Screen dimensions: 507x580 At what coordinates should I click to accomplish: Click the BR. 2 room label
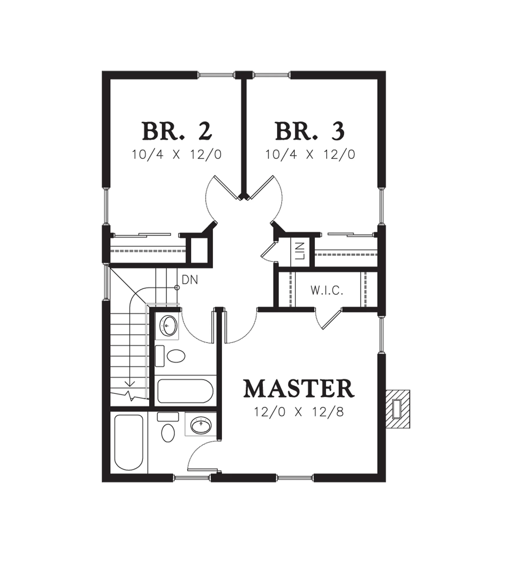(177, 131)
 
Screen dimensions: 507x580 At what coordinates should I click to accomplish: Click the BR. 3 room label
(310, 131)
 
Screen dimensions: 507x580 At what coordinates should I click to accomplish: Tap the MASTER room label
(299, 389)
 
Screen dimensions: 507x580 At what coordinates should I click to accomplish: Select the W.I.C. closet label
(327, 290)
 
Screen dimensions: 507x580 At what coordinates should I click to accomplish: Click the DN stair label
(190, 280)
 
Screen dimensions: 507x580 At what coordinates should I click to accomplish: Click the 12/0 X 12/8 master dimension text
(299, 412)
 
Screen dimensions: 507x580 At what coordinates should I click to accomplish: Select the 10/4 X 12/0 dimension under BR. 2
(177, 155)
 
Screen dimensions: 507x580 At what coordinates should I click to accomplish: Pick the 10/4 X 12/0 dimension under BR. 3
(310, 155)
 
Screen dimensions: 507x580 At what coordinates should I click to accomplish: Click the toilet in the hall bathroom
(171, 356)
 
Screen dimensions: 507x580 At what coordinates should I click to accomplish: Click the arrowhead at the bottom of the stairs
(130, 383)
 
